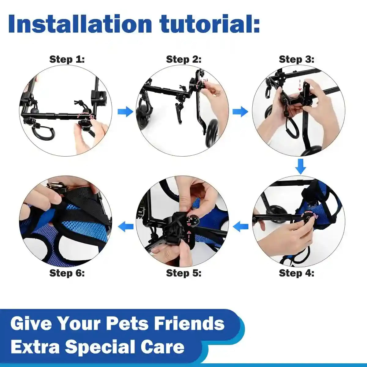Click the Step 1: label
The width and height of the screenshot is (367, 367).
click(x=67, y=59)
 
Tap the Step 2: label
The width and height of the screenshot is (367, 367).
click(x=183, y=59)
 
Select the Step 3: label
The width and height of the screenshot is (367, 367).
click(x=296, y=59)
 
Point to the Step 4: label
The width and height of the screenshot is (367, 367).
click(x=296, y=273)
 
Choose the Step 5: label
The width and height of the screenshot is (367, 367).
click(x=183, y=273)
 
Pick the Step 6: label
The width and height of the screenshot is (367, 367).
click(x=67, y=273)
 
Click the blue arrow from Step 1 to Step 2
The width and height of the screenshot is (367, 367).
click(x=125, y=112)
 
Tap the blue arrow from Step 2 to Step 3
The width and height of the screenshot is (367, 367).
click(x=240, y=112)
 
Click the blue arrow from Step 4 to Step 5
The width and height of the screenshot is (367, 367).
click(x=241, y=227)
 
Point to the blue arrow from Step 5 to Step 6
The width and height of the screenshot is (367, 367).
click(x=126, y=227)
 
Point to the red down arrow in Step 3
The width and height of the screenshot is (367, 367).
click(x=300, y=85)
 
